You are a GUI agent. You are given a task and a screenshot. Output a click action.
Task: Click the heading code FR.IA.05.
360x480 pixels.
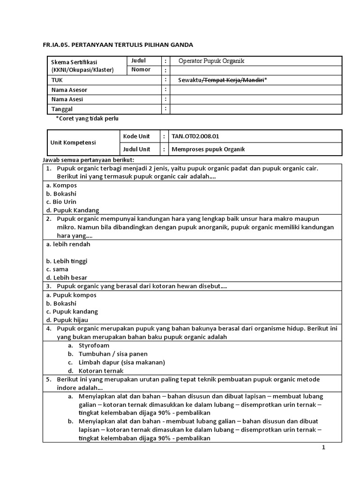coord(57,45)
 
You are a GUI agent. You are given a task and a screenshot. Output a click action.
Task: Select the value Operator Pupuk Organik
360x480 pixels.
coord(211,61)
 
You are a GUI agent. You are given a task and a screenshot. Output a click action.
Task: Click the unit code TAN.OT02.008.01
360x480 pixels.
coord(195,136)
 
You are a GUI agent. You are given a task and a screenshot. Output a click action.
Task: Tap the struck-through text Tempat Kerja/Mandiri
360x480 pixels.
coord(232,80)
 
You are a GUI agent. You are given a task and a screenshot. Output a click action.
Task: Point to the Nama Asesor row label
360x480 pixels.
coord(69,90)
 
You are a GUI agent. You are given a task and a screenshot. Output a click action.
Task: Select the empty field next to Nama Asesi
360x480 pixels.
coord(256,99)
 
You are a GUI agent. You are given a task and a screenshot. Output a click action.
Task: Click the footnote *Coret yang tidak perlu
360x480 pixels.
coord(87,119)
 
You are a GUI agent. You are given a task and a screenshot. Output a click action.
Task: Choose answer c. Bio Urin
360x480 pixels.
coord(61,202)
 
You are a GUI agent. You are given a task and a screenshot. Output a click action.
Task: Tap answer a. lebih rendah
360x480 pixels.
coord(68,244)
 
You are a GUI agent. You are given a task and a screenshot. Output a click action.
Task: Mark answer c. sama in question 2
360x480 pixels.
coord(57,270)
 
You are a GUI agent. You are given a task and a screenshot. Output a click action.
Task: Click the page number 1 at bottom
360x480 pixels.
coord(323,448)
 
